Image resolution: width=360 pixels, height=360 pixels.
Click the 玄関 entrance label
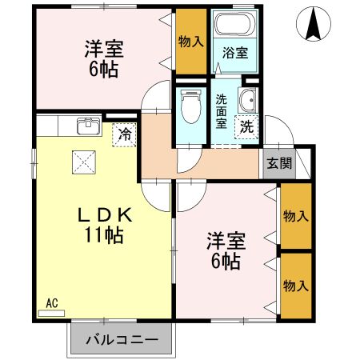pyautogui.click(x=279, y=164)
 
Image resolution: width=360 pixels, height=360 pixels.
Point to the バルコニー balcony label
pyautogui.click(x=121, y=339)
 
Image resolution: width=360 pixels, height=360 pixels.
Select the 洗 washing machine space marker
pyautogui.click(x=247, y=126)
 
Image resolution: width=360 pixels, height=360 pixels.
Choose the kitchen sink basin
pyautogui.click(x=88, y=126)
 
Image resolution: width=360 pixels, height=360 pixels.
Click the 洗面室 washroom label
pyautogui.click(x=222, y=112)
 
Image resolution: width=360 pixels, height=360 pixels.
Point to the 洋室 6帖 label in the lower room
pyautogui.click(x=226, y=250)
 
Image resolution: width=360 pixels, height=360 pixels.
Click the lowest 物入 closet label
pyautogui.click(x=296, y=286)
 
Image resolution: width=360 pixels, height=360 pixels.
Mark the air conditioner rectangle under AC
pyautogui.click(x=52, y=313)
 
